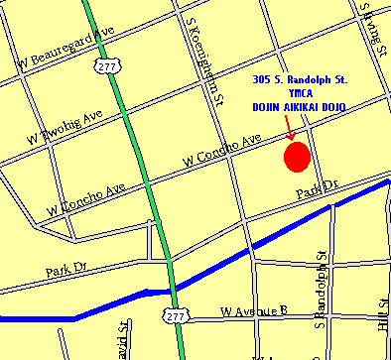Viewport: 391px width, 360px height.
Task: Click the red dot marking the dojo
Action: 298,157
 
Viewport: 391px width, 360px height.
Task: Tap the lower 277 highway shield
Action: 176,315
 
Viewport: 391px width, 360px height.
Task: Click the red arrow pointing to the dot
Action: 289,128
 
